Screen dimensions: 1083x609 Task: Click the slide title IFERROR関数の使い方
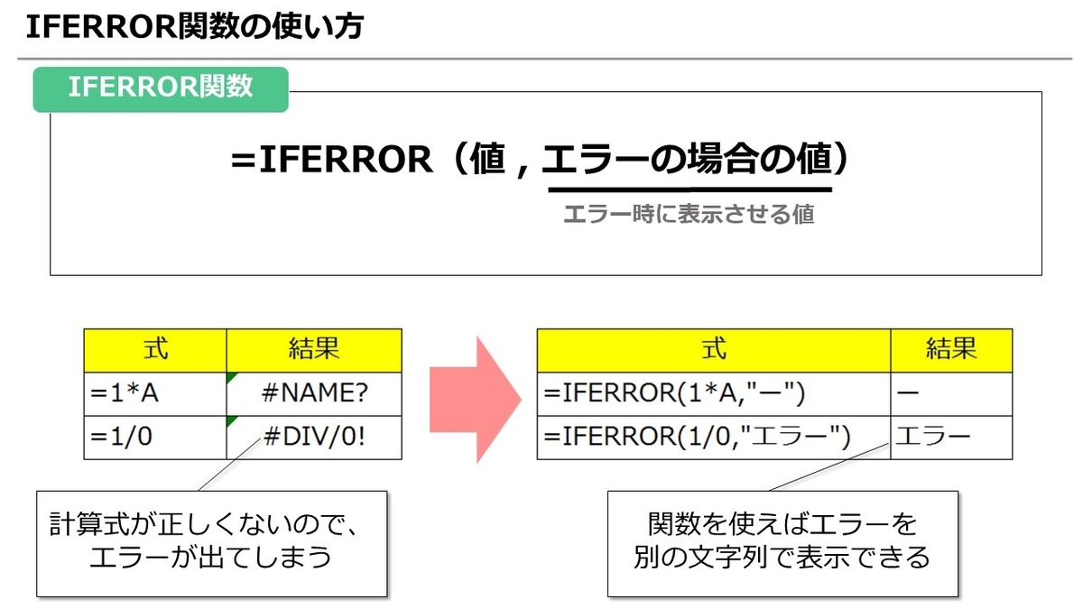(195, 28)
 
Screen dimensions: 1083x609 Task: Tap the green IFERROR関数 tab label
(161, 88)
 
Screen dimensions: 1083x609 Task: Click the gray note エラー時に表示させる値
(688, 215)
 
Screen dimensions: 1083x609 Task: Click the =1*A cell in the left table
(155, 394)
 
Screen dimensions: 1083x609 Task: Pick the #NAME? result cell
(314, 394)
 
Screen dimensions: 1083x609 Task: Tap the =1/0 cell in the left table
(155, 438)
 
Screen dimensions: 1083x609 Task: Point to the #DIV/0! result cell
(314, 438)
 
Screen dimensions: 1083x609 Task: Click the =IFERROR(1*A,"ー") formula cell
(713, 394)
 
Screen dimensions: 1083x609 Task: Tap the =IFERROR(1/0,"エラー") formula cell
(713, 438)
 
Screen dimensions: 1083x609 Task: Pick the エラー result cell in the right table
(951, 438)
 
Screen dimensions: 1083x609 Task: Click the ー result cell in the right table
(951, 394)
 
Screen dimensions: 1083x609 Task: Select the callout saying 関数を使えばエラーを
(782, 542)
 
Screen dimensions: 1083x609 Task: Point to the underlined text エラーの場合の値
(686, 161)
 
